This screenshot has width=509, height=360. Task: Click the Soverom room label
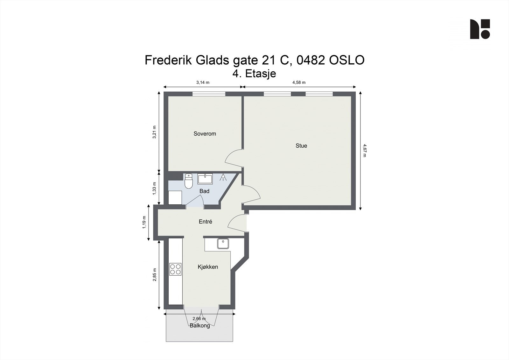point(205,134)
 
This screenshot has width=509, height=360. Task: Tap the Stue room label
point(301,146)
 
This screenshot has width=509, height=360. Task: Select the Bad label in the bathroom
point(204,191)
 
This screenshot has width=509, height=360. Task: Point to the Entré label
point(205,222)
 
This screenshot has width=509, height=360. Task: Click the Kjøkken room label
point(208,267)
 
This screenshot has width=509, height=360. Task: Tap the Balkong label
point(200,326)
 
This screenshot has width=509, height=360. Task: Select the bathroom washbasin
point(205,179)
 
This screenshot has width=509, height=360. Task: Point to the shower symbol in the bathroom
point(223,177)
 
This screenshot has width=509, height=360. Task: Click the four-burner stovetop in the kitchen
point(175,269)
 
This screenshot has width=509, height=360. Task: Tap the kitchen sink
point(223,244)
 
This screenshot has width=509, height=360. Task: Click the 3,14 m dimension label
point(203,82)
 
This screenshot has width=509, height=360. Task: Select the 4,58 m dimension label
point(299,82)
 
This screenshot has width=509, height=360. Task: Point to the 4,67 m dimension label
point(365,151)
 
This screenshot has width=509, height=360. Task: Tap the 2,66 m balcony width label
point(199,319)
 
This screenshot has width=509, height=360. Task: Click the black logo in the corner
point(480,29)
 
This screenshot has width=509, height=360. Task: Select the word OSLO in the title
point(347,60)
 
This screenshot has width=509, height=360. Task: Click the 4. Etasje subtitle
point(254,74)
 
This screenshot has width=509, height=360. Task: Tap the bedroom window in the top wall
point(209,94)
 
